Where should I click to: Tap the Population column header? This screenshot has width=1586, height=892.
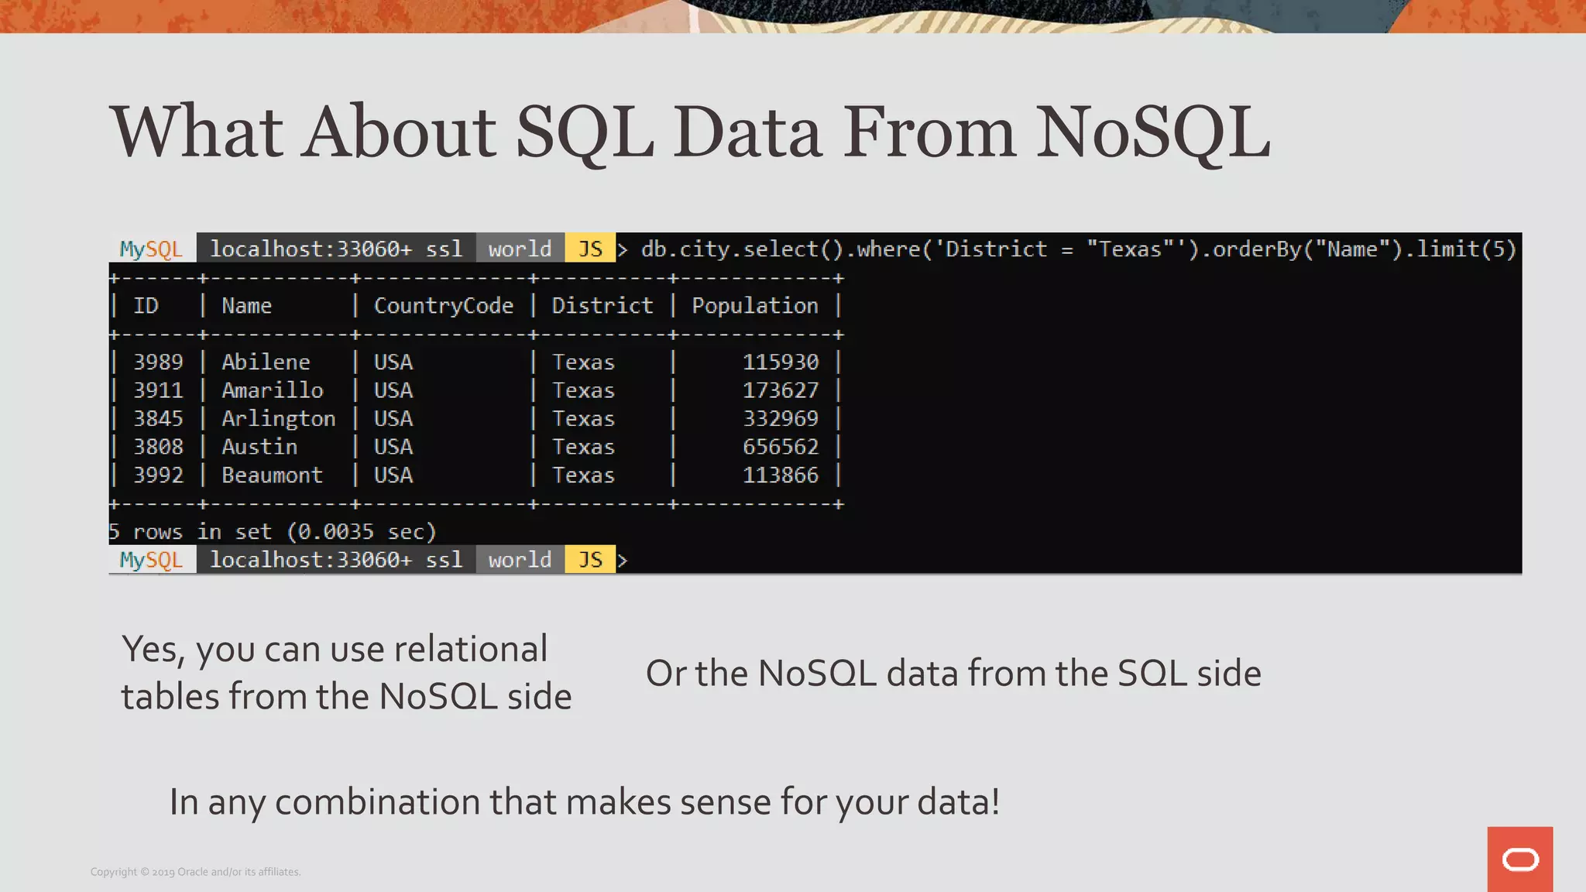[754, 306]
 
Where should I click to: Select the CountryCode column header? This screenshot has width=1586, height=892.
[443, 306]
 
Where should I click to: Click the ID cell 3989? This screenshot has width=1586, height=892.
[158, 362]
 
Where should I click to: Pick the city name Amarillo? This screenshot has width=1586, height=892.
[272, 390]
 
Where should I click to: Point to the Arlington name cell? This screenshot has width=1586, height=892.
[278, 419]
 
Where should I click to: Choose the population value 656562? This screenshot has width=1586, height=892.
[780, 447]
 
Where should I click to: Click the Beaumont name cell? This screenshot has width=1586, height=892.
[272, 475]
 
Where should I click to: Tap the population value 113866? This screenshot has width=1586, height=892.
[780, 475]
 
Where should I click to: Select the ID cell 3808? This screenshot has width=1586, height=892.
[158, 447]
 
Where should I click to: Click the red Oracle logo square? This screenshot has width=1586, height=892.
[1519, 859]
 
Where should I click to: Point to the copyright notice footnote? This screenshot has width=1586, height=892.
[195, 872]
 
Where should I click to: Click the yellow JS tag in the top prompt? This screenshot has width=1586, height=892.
[590, 249]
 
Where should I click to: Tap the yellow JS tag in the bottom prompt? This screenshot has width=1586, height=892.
[590, 560]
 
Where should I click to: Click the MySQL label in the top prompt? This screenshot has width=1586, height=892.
[151, 249]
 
